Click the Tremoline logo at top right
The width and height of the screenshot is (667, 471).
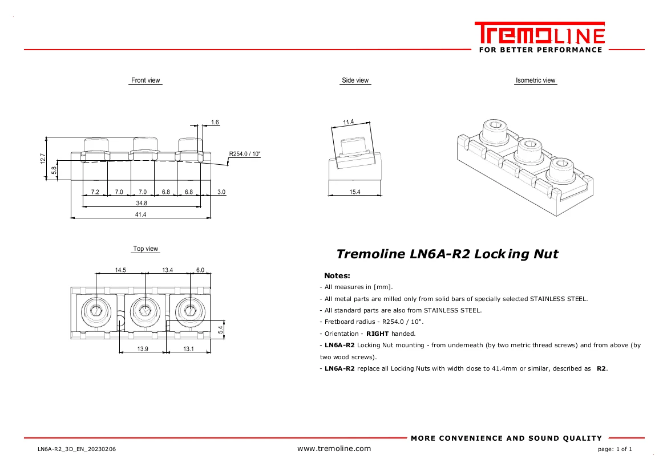[539, 34]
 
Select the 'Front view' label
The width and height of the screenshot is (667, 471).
[145, 80]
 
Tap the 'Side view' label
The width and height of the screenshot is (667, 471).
[355, 80]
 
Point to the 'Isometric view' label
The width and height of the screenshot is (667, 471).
[535, 80]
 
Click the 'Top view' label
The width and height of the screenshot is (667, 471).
[145, 249]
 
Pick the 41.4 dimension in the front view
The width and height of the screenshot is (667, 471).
[140, 214]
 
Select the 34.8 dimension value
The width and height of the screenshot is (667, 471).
[142, 203]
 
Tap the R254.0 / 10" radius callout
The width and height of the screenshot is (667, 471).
[245, 154]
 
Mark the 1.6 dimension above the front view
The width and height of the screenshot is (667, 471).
[215, 123]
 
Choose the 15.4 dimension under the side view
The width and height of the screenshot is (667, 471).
[355, 192]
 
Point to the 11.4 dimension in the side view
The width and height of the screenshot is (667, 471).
[348, 122]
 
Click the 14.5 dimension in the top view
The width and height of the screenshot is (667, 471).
[120, 270]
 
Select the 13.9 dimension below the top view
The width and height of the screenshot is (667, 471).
[143, 349]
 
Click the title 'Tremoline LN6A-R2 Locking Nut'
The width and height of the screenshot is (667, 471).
[447, 254]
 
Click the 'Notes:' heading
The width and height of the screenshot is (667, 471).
[337, 275]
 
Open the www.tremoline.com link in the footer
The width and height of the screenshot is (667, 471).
[334, 448]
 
